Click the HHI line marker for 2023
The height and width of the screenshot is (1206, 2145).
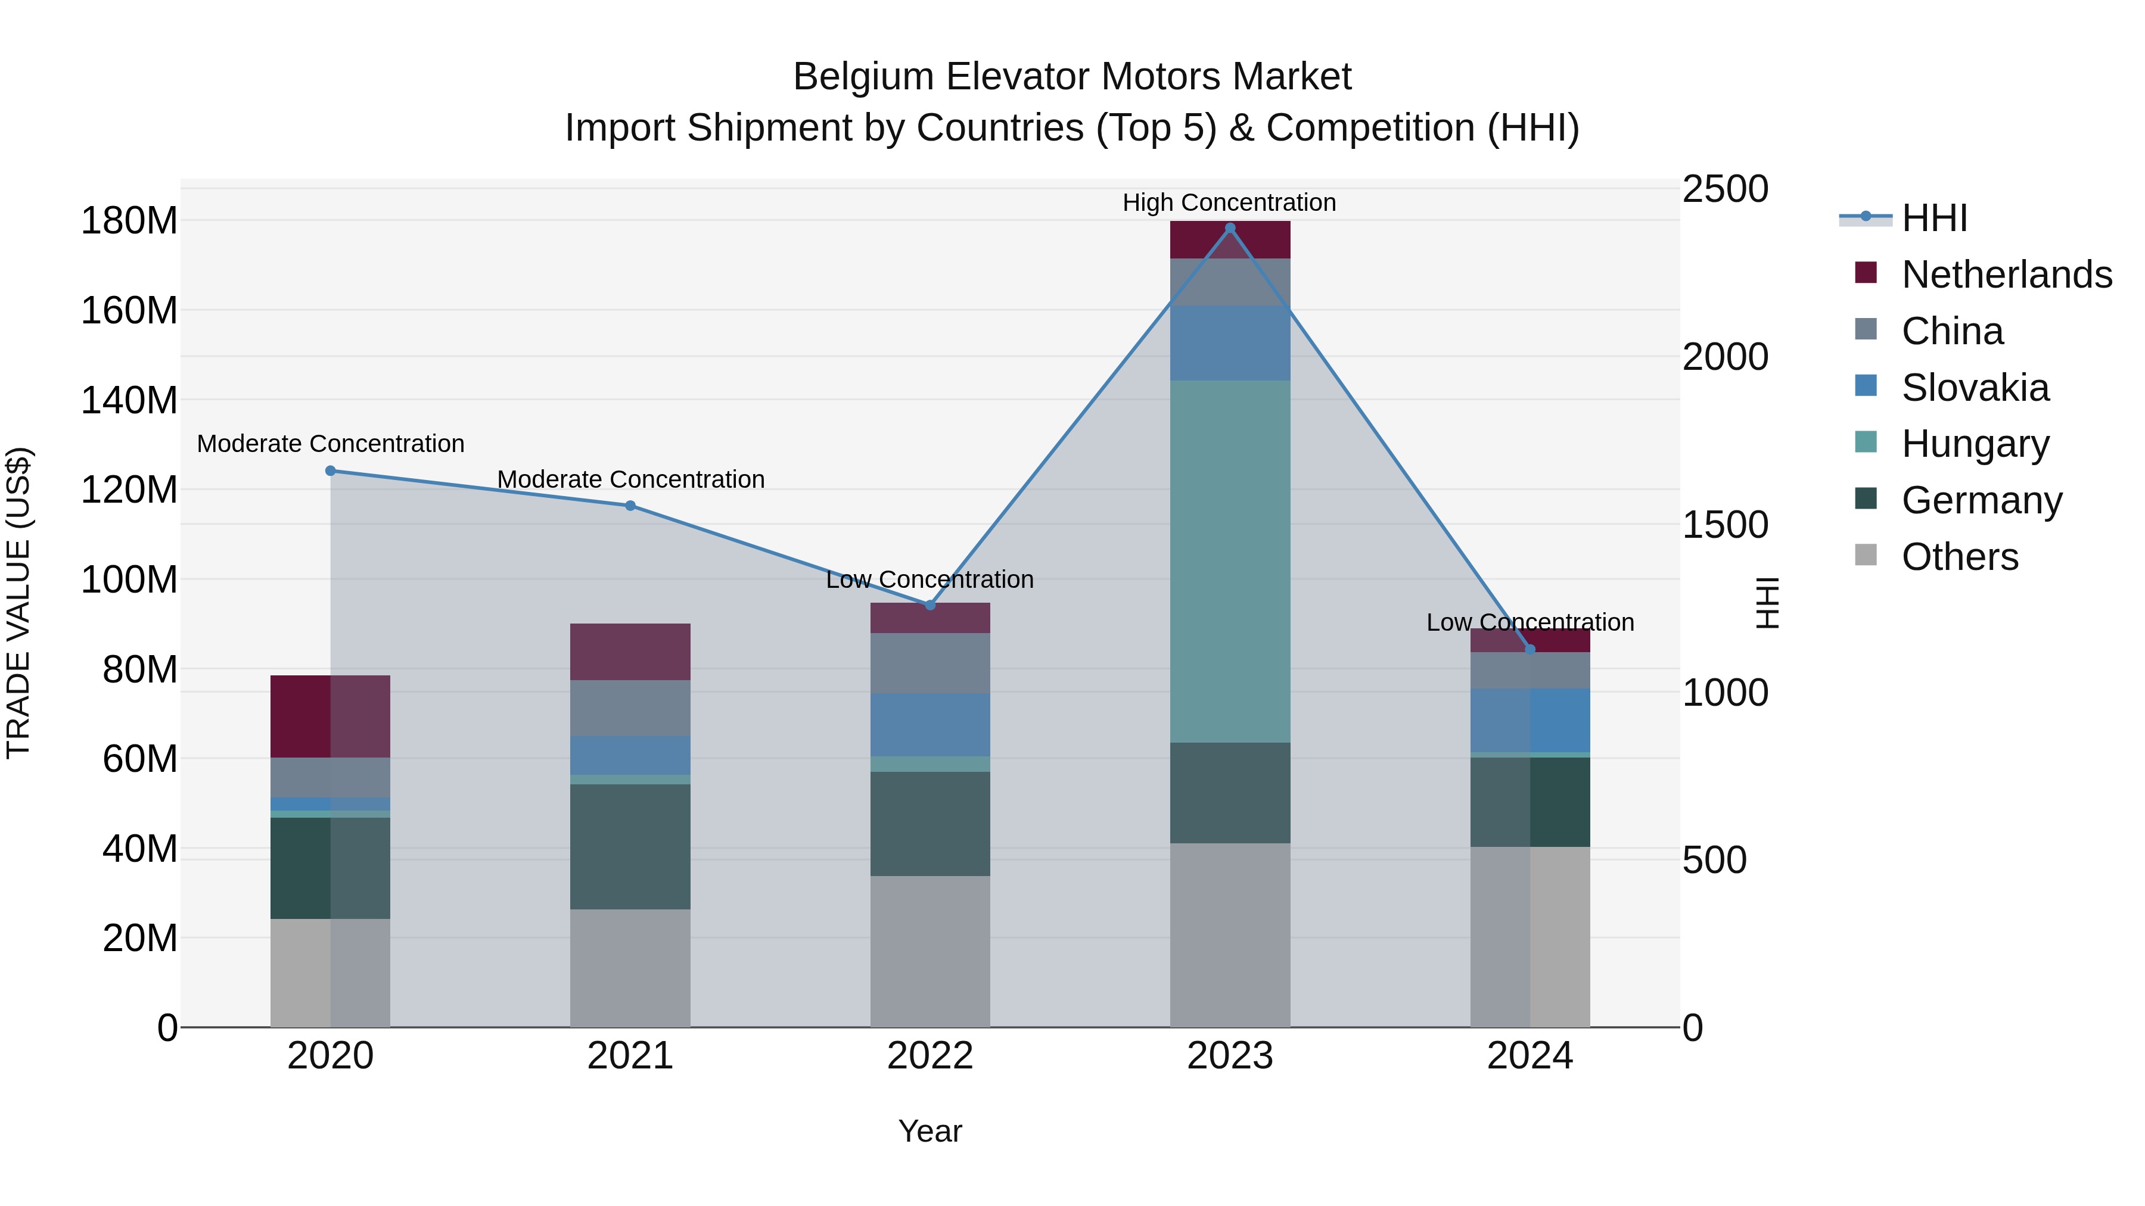[x=1230, y=228]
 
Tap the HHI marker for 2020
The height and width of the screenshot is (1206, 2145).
[x=331, y=471]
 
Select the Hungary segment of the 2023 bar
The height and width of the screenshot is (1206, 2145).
[x=1230, y=562]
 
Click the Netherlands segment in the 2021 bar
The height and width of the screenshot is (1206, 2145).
[x=630, y=652]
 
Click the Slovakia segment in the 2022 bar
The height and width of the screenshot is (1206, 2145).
[x=930, y=725]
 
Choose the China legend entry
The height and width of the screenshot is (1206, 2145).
[x=1952, y=331]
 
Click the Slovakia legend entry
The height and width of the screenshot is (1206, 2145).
[x=1975, y=388]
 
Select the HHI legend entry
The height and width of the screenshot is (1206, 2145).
[x=1933, y=218]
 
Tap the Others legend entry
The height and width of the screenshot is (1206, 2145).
[x=1959, y=557]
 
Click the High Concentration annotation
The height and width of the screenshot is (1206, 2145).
[x=1229, y=202]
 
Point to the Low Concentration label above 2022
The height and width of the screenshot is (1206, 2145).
[x=929, y=579]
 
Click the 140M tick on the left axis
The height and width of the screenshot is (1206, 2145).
[x=129, y=400]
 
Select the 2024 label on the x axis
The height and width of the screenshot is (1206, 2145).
[x=1530, y=1056]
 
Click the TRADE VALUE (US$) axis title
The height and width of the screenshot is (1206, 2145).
[x=18, y=603]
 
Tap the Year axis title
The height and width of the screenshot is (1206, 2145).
[x=930, y=1131]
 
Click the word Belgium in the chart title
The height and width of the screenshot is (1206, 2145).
[x=863, y=77]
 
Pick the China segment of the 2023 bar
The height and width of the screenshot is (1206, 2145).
[x=1230, y=282]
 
